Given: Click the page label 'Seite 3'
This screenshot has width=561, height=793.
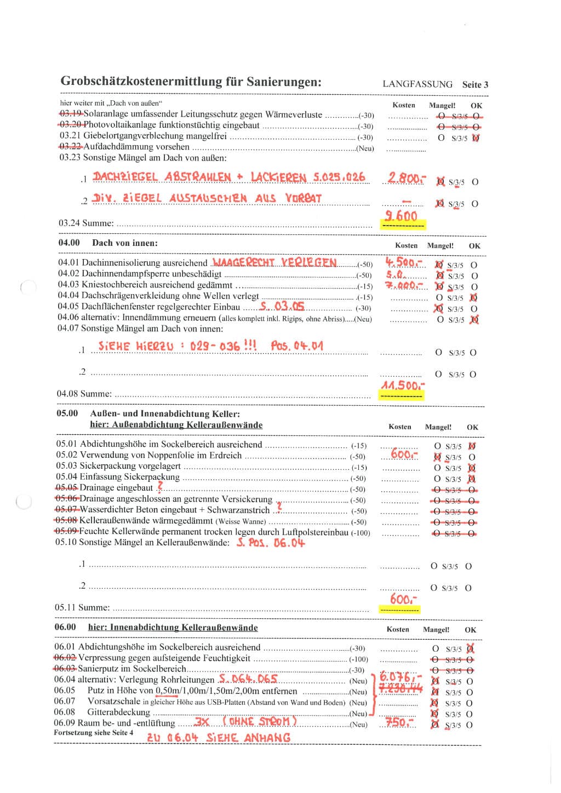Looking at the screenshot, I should (475, 84).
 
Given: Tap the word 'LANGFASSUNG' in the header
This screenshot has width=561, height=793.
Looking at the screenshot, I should (417, 84).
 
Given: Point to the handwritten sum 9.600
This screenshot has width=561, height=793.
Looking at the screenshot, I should (401, 216).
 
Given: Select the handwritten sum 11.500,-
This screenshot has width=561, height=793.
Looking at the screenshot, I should (403, 386).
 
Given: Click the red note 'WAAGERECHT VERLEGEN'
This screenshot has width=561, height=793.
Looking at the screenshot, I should (274, 262).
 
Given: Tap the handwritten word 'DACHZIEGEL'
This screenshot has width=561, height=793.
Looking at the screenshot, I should (125, 177).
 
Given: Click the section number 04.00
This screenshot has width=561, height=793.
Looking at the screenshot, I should (69, 243).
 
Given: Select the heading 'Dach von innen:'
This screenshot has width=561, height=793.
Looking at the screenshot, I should (125, 243).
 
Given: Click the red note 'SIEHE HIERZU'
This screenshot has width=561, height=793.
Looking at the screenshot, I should (135, 346).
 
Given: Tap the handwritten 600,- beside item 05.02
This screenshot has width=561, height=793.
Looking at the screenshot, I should (404, 455).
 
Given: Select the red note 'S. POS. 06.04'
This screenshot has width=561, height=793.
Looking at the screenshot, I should (271, 543).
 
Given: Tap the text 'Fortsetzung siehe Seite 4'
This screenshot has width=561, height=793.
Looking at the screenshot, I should (93, 733).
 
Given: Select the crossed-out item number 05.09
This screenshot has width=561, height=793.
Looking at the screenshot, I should (66, 531).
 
